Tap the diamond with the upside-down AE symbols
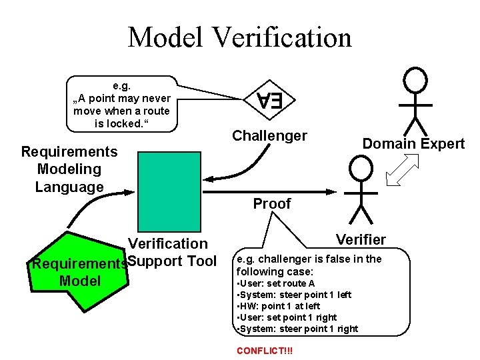pos(270,101)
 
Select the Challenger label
pos(269,136)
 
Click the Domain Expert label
pos(413,143)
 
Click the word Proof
pos(271,204)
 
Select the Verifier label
pos(361,239)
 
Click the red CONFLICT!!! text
pos(265,351)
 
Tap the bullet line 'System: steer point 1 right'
pos(298,329)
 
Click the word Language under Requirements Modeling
pos(69,187)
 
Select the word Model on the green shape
pos(80,281)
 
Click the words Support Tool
pos(171,261)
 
